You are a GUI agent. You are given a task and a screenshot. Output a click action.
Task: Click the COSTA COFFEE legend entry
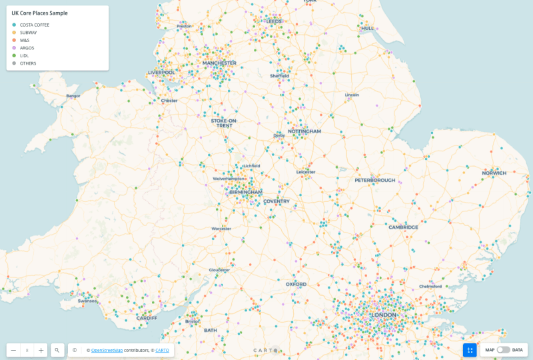pyautogui.click(x=34, y=25)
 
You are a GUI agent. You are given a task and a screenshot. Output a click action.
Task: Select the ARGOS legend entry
pyautogui.click(x=27, y=48)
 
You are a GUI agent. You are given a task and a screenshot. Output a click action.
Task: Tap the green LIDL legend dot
pyautogui.click(x=14, y=55)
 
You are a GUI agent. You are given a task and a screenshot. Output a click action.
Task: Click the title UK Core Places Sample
pyautogui.click(x=39, y=13)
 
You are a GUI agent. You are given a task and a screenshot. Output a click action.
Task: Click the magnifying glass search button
pyautogui.click(x=57, y=350)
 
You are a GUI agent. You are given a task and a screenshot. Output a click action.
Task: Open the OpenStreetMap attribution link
pyautogui.click(x=107, y=350)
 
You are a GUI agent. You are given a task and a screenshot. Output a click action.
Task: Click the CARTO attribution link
pyautogui.click(x=162, y=350)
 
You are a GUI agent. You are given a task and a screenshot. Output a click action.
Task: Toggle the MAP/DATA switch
pyautogui.click(x=504, y=350)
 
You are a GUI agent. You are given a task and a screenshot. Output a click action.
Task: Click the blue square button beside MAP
pyautogui.click(x=470, y=350)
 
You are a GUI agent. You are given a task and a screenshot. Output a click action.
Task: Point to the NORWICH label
pyautogui.click(x=494, y=173)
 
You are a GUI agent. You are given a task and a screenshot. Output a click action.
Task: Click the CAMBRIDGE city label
pyautogui.click(x=404, y=227)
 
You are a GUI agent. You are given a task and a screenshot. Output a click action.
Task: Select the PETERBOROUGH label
pyautogui.click(x=374, y=181)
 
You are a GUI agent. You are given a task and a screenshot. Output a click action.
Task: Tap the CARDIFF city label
pyautogui.click(x=147, y=318)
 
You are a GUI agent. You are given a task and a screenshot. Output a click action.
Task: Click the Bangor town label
pyautogui.click(x=73, y=96)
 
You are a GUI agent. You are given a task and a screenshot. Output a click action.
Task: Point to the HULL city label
pyautogui.click(x=367, y=29)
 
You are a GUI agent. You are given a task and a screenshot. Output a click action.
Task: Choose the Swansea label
pyautogui.click(x=87, y=301)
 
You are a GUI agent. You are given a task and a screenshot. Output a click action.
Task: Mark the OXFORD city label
pyautogui.click(x=296, y=284)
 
